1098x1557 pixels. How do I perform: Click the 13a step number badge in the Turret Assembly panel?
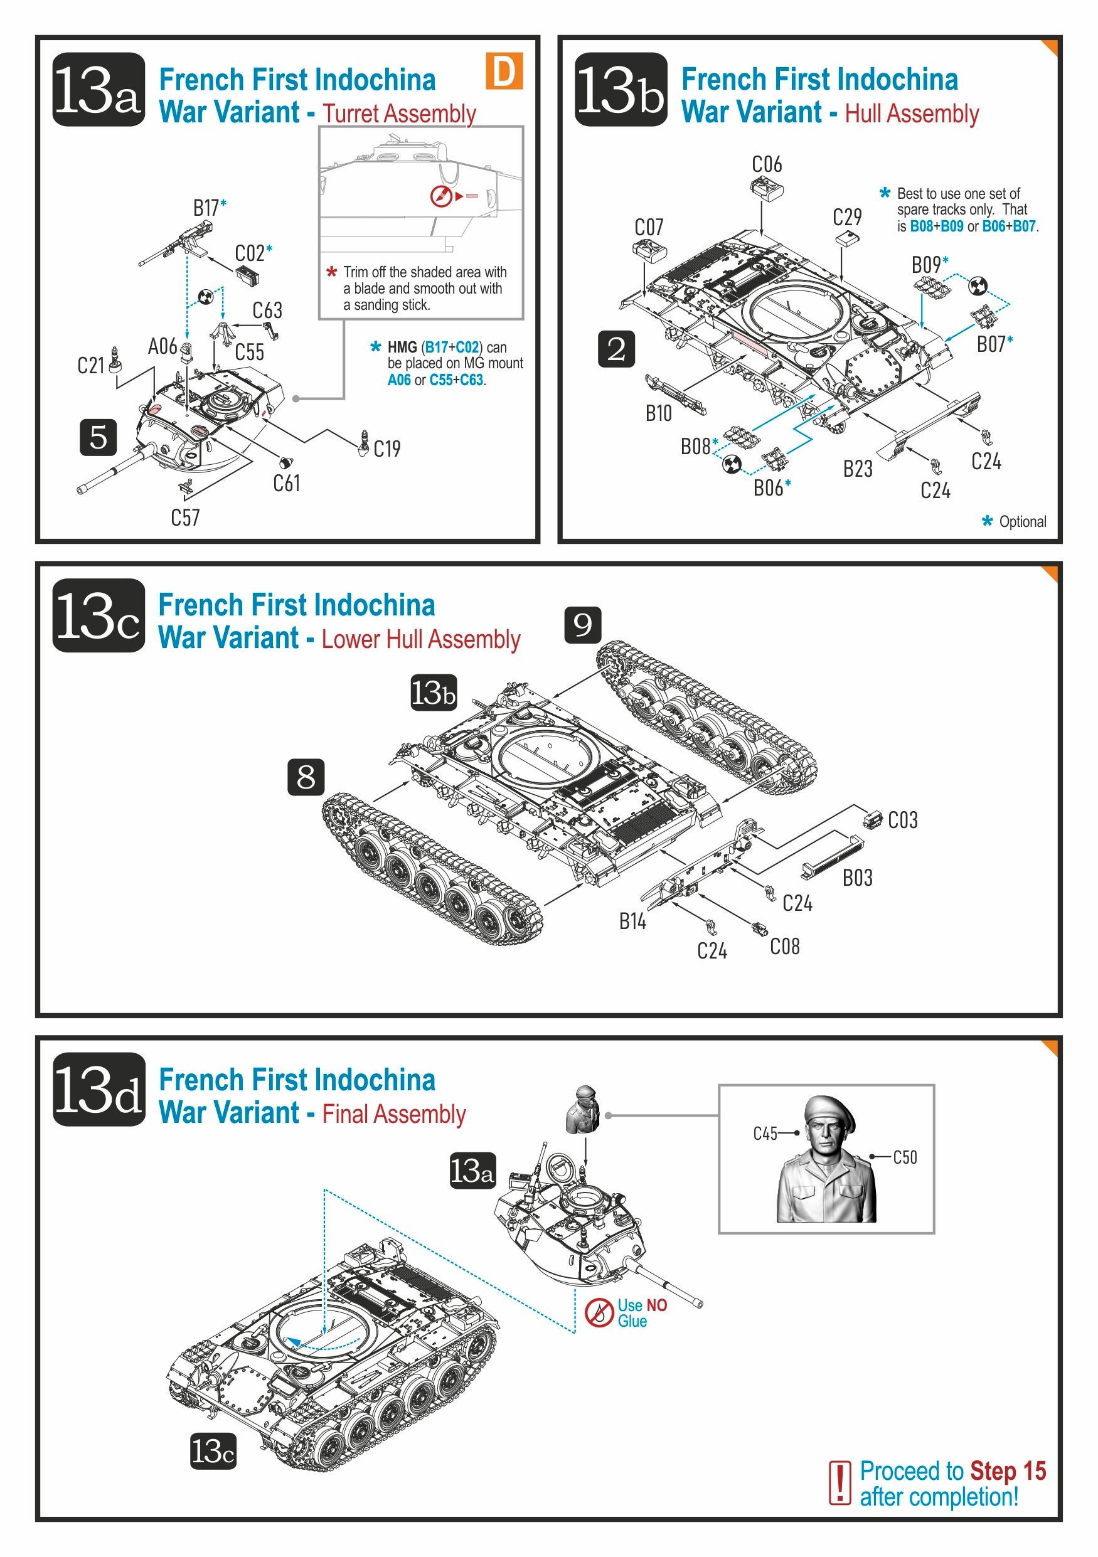[99, 90]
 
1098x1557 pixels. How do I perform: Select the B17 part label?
[206, 208]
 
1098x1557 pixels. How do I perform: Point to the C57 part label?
[185, 518]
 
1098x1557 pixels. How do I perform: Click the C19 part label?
[386, 449]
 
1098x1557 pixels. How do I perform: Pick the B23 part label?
[857, 469]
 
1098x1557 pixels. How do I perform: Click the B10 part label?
[658, 413]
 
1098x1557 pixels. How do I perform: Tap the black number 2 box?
[616, 349]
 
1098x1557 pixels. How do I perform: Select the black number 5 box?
[99, 437]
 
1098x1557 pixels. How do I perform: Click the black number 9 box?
[583, 625]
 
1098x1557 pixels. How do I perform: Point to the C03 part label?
[903, 821]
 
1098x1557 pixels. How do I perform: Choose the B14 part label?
[632, 922]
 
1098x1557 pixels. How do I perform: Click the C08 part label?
[785, 947]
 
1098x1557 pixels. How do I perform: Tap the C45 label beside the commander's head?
[765, 1134]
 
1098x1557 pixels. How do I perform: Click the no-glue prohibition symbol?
[599, 1314]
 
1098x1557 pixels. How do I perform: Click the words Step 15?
[1008, 1471]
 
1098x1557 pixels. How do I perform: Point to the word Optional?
[1022, 521]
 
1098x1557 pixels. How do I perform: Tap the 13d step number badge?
[99, 1090]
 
